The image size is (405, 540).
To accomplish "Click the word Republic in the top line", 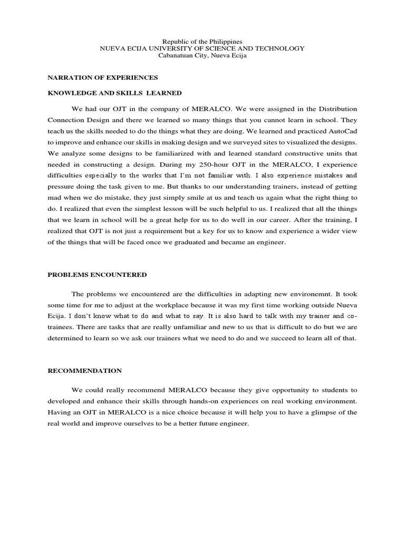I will click(x=172, y=41).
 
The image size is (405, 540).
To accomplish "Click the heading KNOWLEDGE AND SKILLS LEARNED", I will click(x=114, y=93).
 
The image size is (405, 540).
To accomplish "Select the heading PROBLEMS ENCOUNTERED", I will click(x=97, y=275).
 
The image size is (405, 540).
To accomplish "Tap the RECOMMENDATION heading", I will click(x=85, y=371).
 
